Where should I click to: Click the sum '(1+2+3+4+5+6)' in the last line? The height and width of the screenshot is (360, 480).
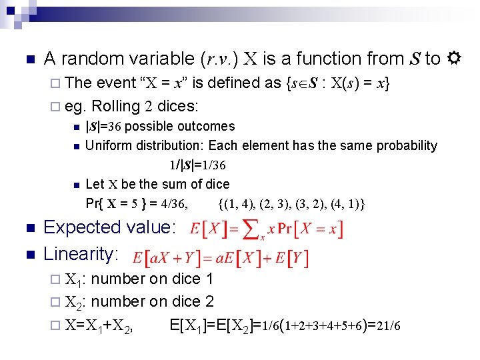click(326, 326)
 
